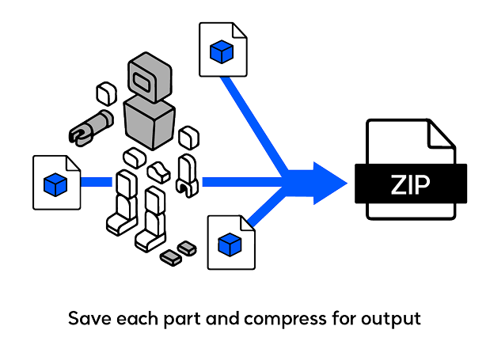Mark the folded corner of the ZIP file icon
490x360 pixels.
pos(442,134)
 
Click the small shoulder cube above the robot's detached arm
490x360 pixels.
pos(104,93)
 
